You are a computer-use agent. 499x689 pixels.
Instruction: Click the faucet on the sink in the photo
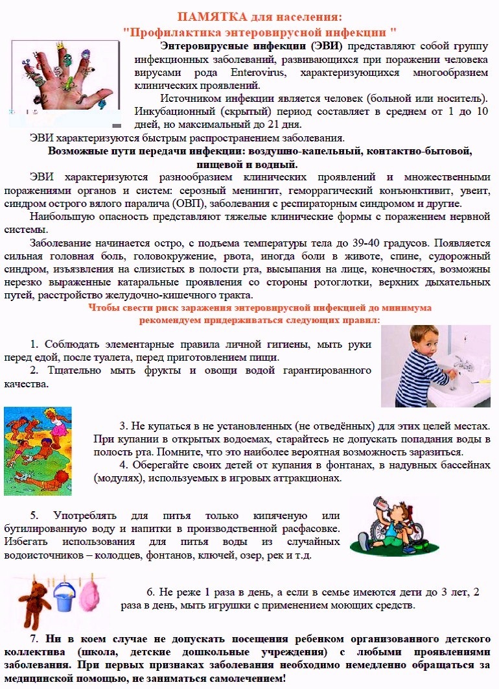(x=461, y=361)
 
